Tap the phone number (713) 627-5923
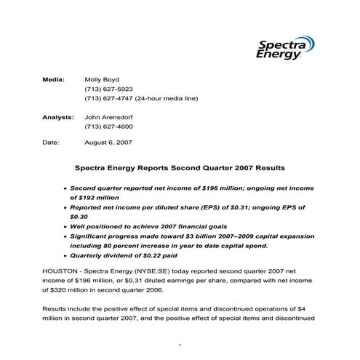[x=109, y=87]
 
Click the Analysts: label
[x=58, y=116]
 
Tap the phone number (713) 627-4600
[x=109, y=127]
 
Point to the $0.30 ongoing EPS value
[x=79, y=216]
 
